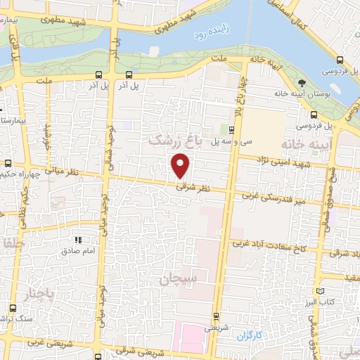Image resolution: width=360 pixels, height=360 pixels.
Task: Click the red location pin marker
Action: [x=181, y=165]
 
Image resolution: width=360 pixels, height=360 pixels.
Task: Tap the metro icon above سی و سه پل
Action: [x=231, y=129]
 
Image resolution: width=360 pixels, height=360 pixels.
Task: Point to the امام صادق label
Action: [x=77, y=250]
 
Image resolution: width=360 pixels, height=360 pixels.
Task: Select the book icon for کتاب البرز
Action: [x=321, y=290]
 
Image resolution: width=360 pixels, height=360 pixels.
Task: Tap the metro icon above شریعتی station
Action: [x=215, y=315]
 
